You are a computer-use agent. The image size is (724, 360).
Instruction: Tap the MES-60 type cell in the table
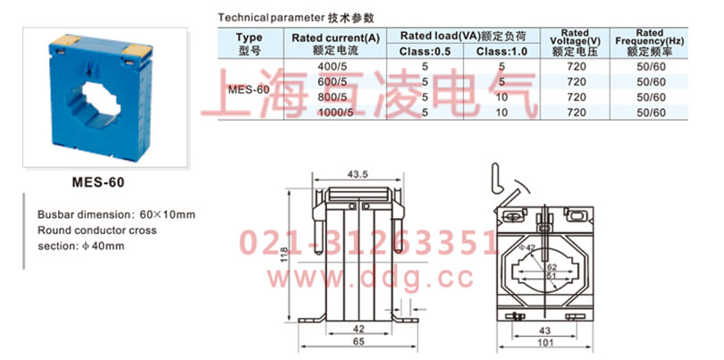pyautogui.click(x=249, y=90)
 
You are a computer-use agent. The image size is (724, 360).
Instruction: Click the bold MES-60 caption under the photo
pyautogui.click(x=97, y=182)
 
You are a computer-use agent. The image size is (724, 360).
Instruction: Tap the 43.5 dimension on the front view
pyautogui.click(x=358, y=172)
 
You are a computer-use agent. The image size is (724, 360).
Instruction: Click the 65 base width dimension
pyautogui.click(x=358, y=341)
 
